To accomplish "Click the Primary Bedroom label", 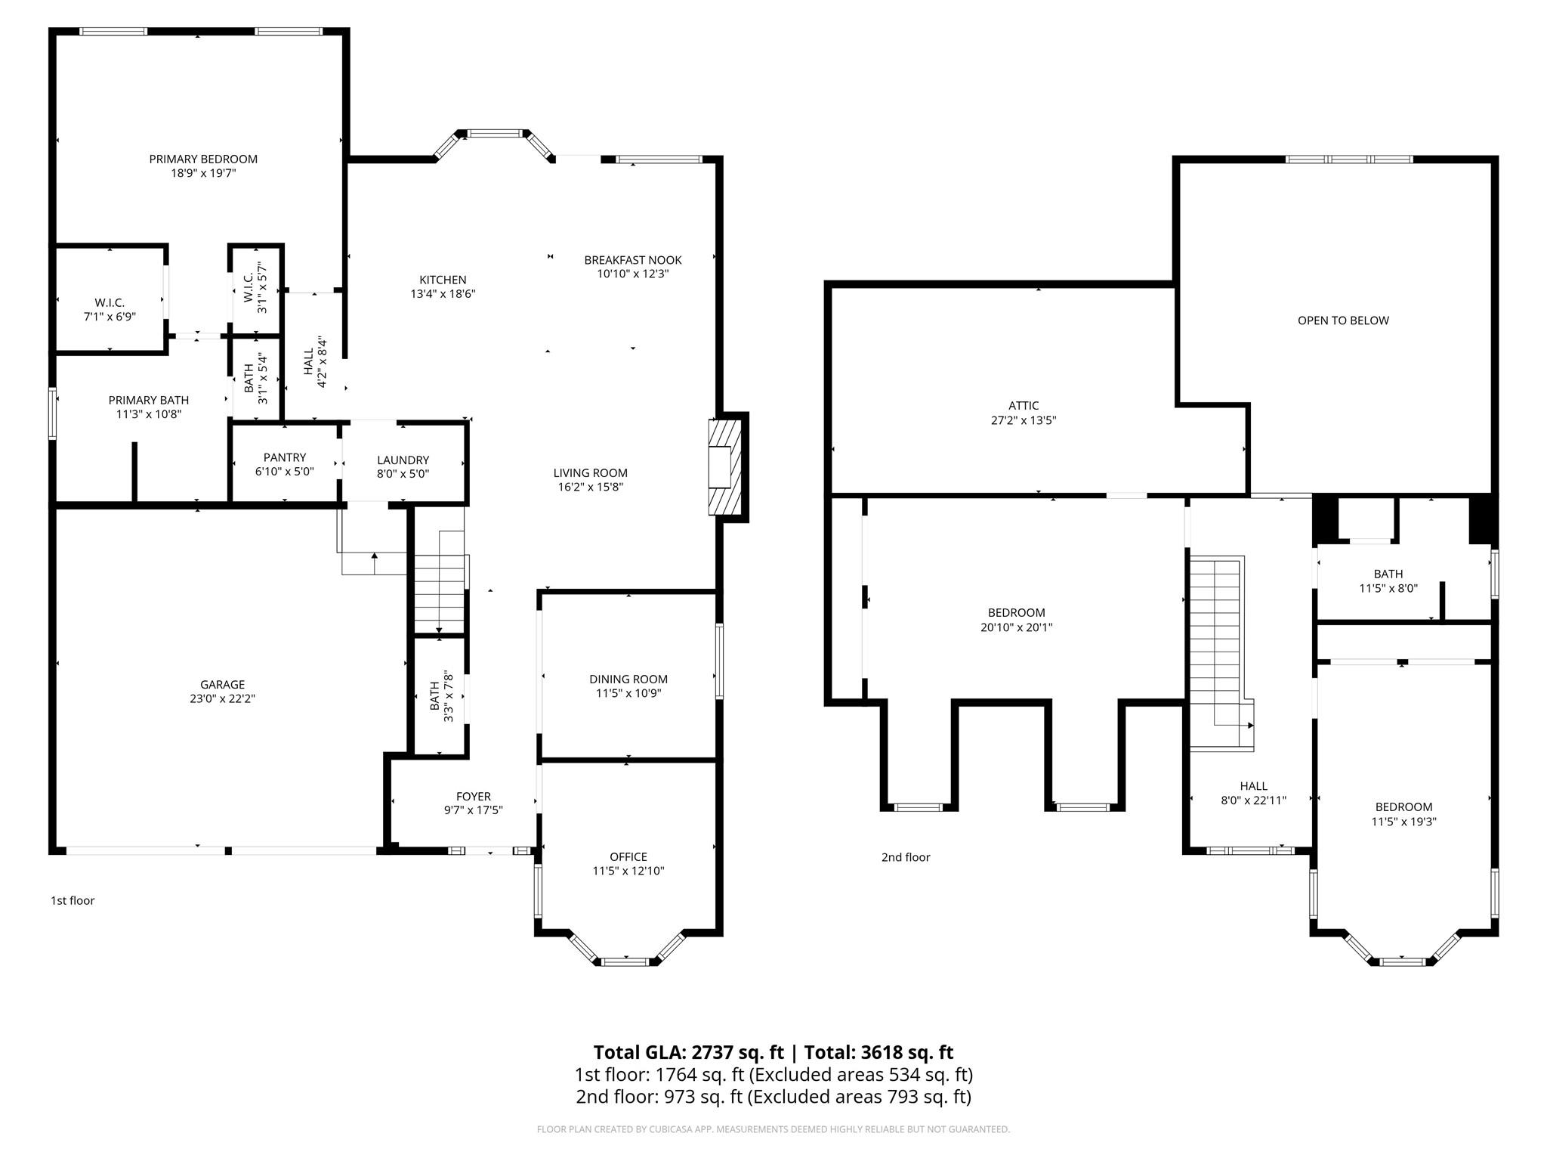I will point(203,159).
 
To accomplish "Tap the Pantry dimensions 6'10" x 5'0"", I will point(285,472).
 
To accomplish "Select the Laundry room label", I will point(403,460).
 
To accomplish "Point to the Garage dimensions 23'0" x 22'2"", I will point(222,699).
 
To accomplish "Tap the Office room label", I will point(628,856).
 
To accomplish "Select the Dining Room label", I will point(628,679).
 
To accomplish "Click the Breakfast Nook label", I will point(633,260).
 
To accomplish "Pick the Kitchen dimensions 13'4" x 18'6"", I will point(443,294).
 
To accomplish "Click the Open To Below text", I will point(1343,320).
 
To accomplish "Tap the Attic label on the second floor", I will point(1024,406).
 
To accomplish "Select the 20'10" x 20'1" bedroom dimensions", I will point(1016,627).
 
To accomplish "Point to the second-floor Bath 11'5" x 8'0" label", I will point(1388,574).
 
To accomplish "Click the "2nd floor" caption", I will point(906,857).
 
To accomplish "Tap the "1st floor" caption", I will point(73,900).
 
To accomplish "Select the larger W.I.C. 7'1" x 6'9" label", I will point(110,302).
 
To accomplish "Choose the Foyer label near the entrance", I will point(474,796).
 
